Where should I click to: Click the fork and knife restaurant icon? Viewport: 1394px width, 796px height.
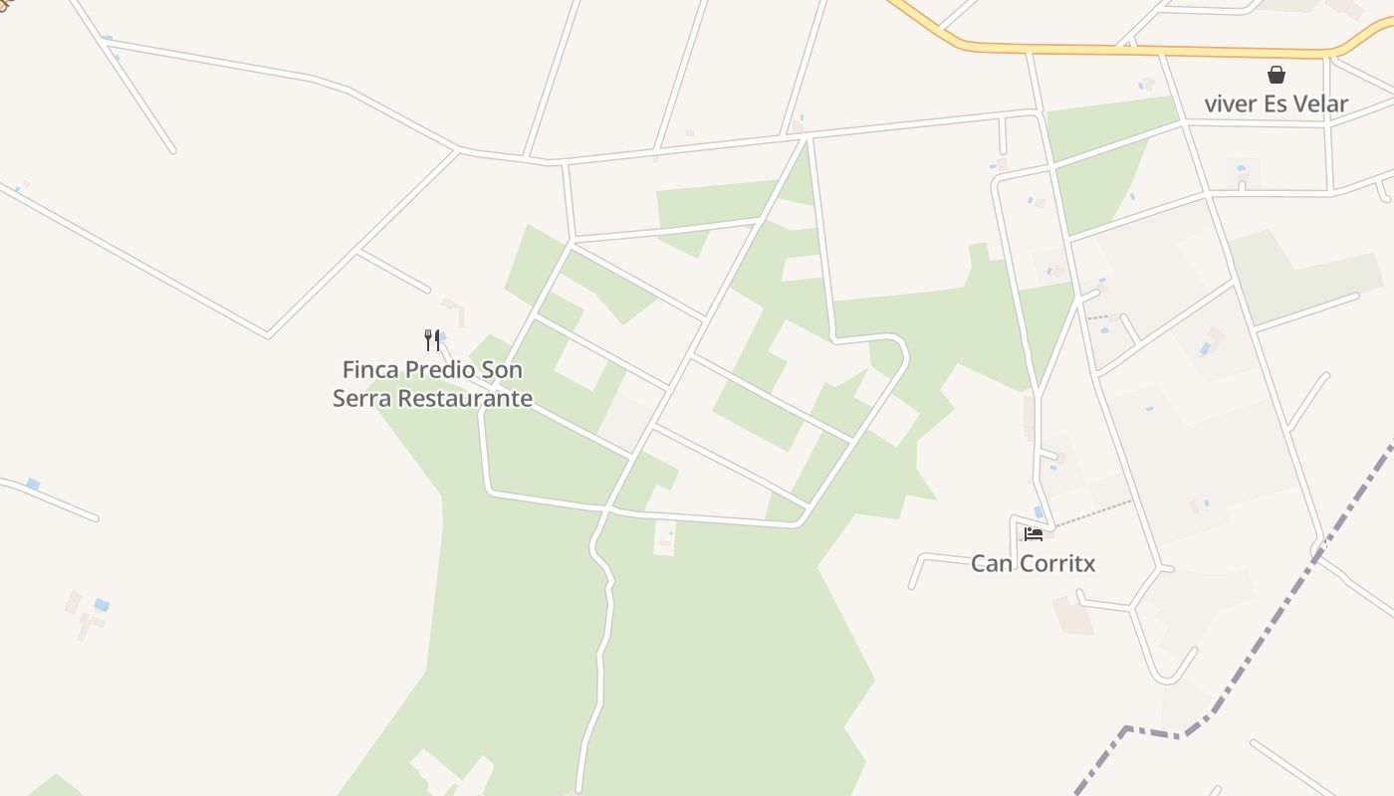tap(432, 340)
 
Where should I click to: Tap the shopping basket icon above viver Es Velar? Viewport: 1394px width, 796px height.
tap(1276, 75)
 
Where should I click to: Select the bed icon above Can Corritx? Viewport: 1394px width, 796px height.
tap(1033, 534)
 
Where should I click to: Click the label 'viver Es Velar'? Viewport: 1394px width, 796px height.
tap(1276, 103)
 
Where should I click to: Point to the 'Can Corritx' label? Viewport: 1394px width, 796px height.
tap(1033, 564)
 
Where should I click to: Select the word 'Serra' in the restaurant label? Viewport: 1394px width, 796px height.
tap(358, 399)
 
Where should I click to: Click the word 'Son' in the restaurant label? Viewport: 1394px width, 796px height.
tap(502, 370)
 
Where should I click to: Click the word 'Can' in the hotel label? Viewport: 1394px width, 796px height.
tap(990, 564)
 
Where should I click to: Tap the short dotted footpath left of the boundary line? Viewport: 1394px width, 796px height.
tap(1099, 317)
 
